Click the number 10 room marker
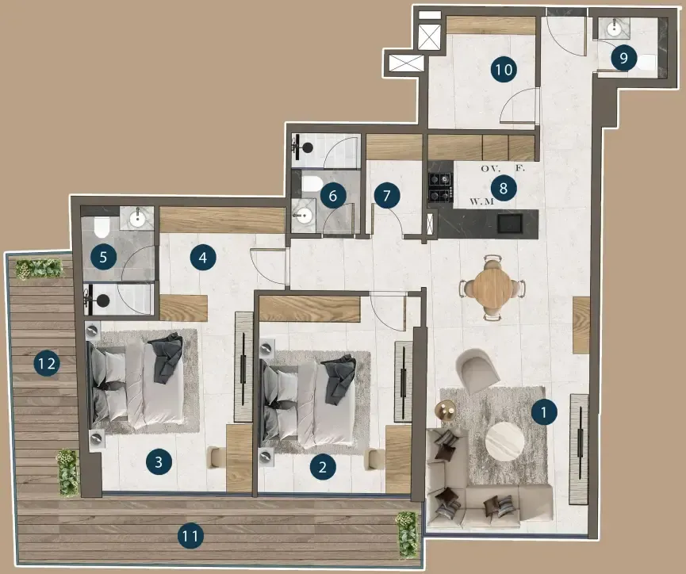point(504,70)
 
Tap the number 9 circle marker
point(623,58)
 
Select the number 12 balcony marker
point(47,364)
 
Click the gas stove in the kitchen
point(441,187)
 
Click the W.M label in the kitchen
point(481,201)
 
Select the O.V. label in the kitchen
point(490,168)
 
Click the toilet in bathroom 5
point(102,226)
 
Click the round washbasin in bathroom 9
point(615,29)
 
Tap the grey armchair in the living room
point(477,370)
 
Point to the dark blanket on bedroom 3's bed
point(166,358)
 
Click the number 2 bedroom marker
point(323,467)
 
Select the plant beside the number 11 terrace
point(408,534)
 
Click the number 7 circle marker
point(387,195)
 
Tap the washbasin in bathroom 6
point(303,215)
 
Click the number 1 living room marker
point(544,411)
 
